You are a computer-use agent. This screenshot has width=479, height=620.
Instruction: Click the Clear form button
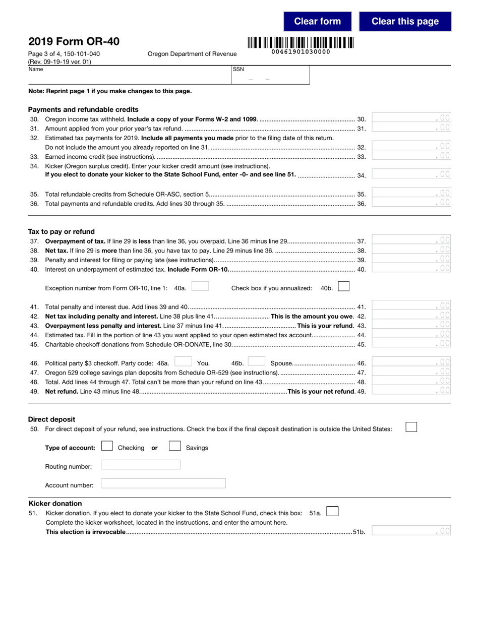click(x=317, y=21)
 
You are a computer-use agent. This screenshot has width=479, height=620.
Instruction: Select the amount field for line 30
click(x=411, y=118)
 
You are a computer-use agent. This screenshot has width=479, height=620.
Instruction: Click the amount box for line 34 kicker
click(x=411, y=174)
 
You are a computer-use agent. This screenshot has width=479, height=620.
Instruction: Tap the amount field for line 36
click(x=411, y=203)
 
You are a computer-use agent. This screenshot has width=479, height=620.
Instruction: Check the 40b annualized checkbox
click(x=343, y=287)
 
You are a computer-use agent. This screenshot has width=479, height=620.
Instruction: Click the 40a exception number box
click(x=200, y=286)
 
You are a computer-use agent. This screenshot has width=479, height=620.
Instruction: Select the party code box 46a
click(x=183, y=362)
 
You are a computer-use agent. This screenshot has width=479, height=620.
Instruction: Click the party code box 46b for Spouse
click(x=256, y=362)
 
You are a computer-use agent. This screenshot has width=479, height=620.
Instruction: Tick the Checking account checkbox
click(x=107, y=446)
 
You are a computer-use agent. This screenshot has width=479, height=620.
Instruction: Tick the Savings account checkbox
click(x=174, y=446)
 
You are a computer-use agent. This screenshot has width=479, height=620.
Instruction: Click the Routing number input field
click(x=141, y=465)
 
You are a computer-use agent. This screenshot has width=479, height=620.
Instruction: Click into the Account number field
click(x=163, y=484)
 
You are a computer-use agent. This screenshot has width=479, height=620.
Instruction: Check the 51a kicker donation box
click(x=332, y=512)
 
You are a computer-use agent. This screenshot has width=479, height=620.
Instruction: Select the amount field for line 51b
click(x=411, y=530)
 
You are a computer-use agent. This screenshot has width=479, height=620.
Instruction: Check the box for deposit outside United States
click(x=411, y=427)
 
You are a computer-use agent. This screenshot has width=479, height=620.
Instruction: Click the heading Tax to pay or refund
click(x=62, y=231)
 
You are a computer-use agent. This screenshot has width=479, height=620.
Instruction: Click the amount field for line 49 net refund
click(x=411, y=390)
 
